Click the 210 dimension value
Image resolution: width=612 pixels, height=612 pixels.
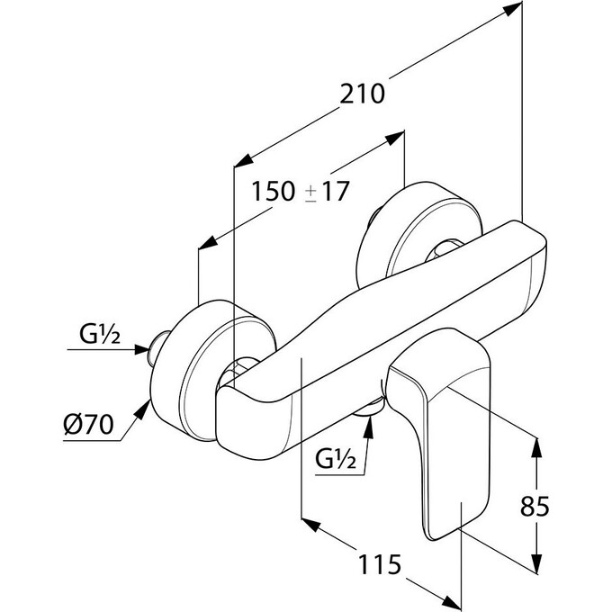[x=362, y=94]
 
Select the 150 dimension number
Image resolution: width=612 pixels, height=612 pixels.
[x=273, y=191]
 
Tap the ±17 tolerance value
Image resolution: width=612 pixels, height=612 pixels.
[x=327, y=191]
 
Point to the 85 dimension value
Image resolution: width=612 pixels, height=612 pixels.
[x=535, y=506]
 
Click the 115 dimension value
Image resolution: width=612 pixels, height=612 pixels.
[x=380, y=564]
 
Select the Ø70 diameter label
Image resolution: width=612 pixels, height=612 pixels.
[x=88, y=424]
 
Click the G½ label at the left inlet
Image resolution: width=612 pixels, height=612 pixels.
[x=100, y=334]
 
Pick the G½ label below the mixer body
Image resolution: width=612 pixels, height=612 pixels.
[x=336, y=459]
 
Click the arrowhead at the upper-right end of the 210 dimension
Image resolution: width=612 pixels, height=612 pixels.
[x=513, y=9]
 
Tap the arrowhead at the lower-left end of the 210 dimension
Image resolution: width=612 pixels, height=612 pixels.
[x=242, y=161]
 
